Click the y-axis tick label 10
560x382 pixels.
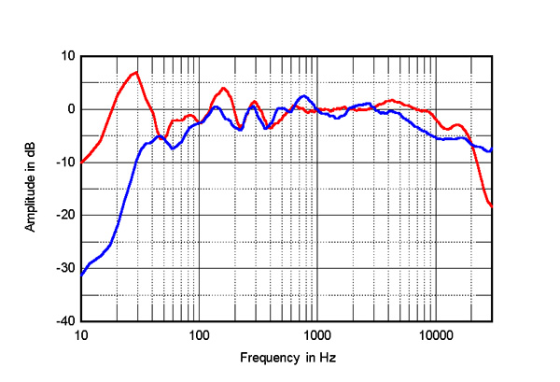pos(67,56)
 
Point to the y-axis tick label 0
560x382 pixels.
pos(70,109)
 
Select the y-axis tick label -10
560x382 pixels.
pos(65,163)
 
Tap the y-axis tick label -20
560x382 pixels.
pos(65,215)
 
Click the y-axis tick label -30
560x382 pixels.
pos(65,268)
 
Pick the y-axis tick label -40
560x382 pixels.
pos(65,321)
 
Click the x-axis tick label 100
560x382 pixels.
pos(199,334)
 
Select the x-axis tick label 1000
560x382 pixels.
pos(316,334)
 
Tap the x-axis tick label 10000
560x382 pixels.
pos(434,334)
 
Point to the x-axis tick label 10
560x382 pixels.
pos(81,334)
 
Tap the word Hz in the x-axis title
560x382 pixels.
pos(328,358)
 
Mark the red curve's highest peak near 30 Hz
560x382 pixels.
pos(136,72)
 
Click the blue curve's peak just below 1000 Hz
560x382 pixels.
pos(302,96)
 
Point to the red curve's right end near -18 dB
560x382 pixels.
pos(492,205)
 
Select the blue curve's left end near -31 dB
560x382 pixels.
pos(81,275)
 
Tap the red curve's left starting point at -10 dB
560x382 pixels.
pos(81,163)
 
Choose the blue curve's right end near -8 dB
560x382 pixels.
pos(492,149)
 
